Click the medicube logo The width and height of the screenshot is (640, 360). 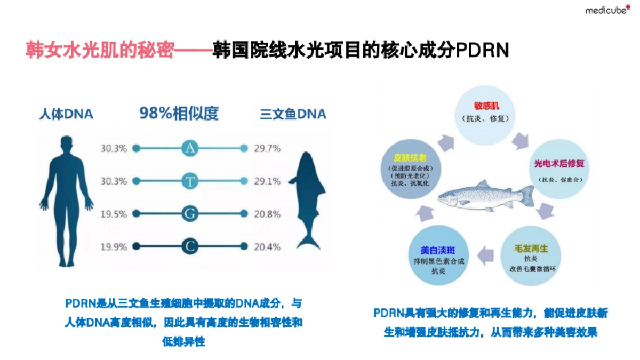click(607, 10)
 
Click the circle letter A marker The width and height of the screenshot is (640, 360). click(190, 148)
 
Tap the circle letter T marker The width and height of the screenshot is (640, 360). click(190, 181)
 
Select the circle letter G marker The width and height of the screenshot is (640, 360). click(190, 214)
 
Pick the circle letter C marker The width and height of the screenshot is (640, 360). click(190, 246)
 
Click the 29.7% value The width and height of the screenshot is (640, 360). click(267, 149)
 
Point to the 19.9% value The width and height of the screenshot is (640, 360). click(114, 247)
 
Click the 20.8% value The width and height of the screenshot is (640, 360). click(267, 214)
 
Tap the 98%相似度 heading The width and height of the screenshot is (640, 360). click(179, 114)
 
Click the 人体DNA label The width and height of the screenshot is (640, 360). click(66, 114)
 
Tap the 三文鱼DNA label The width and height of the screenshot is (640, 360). click(293, 114)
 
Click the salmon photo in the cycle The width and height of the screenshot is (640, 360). click(485, 197)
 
